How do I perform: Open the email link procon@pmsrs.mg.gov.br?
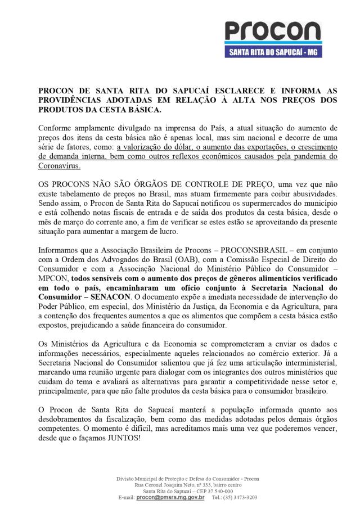coord(170,498)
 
